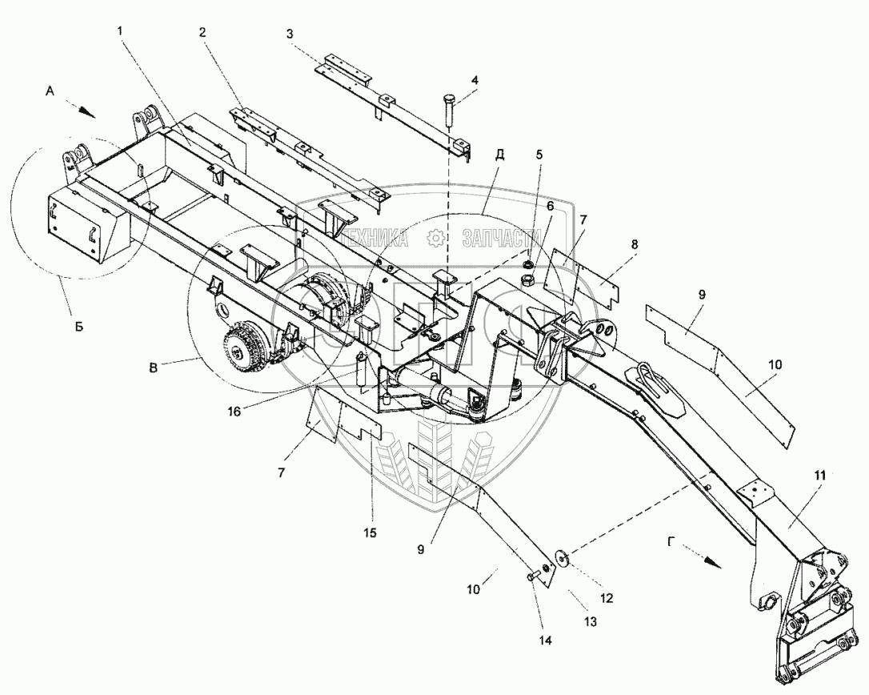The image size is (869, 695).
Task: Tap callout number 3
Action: tap(290, 34)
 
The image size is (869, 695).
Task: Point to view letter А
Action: tap(50, 92)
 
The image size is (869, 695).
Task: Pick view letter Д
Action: tap(500, 155)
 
